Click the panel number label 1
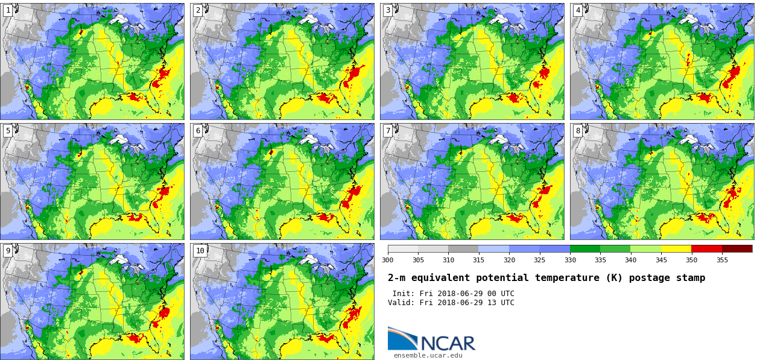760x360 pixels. pyautogui.click(x=8, y=10)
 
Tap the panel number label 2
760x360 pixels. pyautogui.click(x=198, y=10)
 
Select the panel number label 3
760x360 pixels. pyautogui.click(x=388, y=10)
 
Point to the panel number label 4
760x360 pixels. pyautogui.click(x=578, y=10)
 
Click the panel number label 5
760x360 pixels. pyautogui.click(x=8, y=130)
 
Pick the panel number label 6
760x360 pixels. pyautogui.click(x=198, y=130)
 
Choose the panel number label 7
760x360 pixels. pyautogui.click(x=388, y=130)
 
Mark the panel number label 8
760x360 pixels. pyautogui.click(x=578, y=130)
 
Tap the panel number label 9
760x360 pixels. pyautogui.click(x=8, y=250)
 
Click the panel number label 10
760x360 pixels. pyautogui.click(x=200, y=250)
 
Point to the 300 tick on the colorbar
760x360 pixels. pyautogui.click(x=387, y=260)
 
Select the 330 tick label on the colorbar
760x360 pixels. pyautogui.click(x=570, y=260)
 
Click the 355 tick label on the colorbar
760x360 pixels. pyautogui.click(x=722, y=260)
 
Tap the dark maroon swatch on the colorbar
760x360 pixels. pyautogui.click(x=737, y=248)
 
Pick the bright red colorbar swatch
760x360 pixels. pyautogui.click(x=706, y=248)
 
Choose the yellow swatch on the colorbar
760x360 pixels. pyautogui.click(x=676, y=248)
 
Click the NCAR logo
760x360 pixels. pyautogui.click(x=431, y=339)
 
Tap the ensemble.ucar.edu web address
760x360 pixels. pyautogui.click(x=428, y=355)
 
